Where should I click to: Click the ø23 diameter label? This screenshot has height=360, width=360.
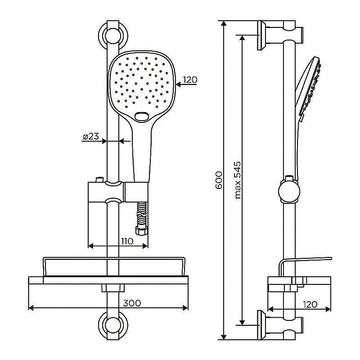coord(91,137)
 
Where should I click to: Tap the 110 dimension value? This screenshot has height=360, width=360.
coord(127,241)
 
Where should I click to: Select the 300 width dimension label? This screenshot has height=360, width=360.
coord(132,303)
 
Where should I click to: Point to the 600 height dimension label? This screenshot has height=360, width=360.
coord(219,180)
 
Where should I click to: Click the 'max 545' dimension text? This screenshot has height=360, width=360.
coord(238,180)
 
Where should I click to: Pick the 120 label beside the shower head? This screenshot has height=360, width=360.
coord(190,80)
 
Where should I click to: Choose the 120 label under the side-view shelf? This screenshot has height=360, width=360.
coord(310,305)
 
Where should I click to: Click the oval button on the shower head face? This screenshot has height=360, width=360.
coord(142,117)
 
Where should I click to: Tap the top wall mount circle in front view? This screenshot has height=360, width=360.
coord(113,36)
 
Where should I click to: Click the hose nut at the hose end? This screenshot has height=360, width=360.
coord(142,231)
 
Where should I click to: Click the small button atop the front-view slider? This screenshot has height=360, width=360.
coord(100,179)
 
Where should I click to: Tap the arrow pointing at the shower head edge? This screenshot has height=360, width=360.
coord(186,85)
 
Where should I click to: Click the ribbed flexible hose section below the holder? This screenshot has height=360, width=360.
coord(141,215)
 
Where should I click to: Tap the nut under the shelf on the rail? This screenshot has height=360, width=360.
coord(113,288)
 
